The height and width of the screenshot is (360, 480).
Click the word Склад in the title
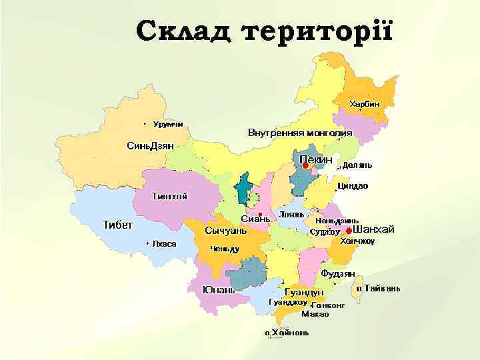tap(183, 31)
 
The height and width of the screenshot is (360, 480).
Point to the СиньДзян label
tap(150, 145)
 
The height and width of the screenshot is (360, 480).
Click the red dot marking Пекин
tap(306, 165)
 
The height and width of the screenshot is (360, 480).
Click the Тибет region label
tap(117, 224)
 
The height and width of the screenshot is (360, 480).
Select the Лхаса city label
tap(164, 243)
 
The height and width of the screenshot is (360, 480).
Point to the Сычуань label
tap(225, 231)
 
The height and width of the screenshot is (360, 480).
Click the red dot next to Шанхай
tap(348, 231)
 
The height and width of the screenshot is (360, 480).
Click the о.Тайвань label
tap(377, 289)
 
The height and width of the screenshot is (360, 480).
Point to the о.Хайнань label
tap(286, 333)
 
